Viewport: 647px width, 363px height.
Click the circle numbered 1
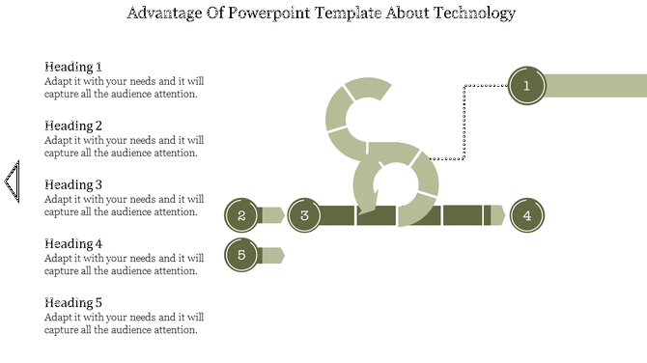(526, 86)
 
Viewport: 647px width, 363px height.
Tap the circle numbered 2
(241, 215)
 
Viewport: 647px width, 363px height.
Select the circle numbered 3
(304, 215)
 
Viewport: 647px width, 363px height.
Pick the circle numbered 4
(527, 215)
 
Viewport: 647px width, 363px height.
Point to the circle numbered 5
(241, 255)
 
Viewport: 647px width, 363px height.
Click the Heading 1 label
(73, 67)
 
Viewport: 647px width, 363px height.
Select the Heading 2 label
(73, 126)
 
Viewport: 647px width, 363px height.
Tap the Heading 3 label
(73, 184)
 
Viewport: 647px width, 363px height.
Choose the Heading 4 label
(73, 244)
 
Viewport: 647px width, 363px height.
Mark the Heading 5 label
(73, 303)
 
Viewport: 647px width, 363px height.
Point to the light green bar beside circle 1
(595, 86)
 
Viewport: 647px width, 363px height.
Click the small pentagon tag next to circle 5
(271, 255)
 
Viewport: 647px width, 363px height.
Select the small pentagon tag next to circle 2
(271, 215)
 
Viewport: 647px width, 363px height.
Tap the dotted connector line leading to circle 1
(465, 121)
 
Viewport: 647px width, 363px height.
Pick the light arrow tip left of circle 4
(496, 215)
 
